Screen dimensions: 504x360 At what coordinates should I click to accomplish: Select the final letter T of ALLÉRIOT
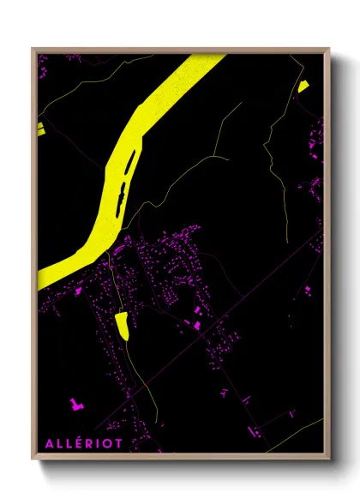tap(118, 442)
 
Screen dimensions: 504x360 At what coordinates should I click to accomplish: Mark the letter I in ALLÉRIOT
tap(97, 442)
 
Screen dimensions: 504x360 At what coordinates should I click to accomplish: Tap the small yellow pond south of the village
tap(121, 324)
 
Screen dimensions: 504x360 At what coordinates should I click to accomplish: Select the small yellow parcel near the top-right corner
tap(303, 86)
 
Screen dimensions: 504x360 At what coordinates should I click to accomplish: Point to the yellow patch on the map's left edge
tap(39, 129)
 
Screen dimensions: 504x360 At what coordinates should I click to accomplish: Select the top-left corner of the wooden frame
tap(33, 49)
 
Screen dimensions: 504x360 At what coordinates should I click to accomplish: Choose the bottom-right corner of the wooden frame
tap(329, 461)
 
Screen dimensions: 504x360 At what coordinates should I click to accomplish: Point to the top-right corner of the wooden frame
tap(329, 49)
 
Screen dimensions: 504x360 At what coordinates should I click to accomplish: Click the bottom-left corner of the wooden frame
tap(33, 461)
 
